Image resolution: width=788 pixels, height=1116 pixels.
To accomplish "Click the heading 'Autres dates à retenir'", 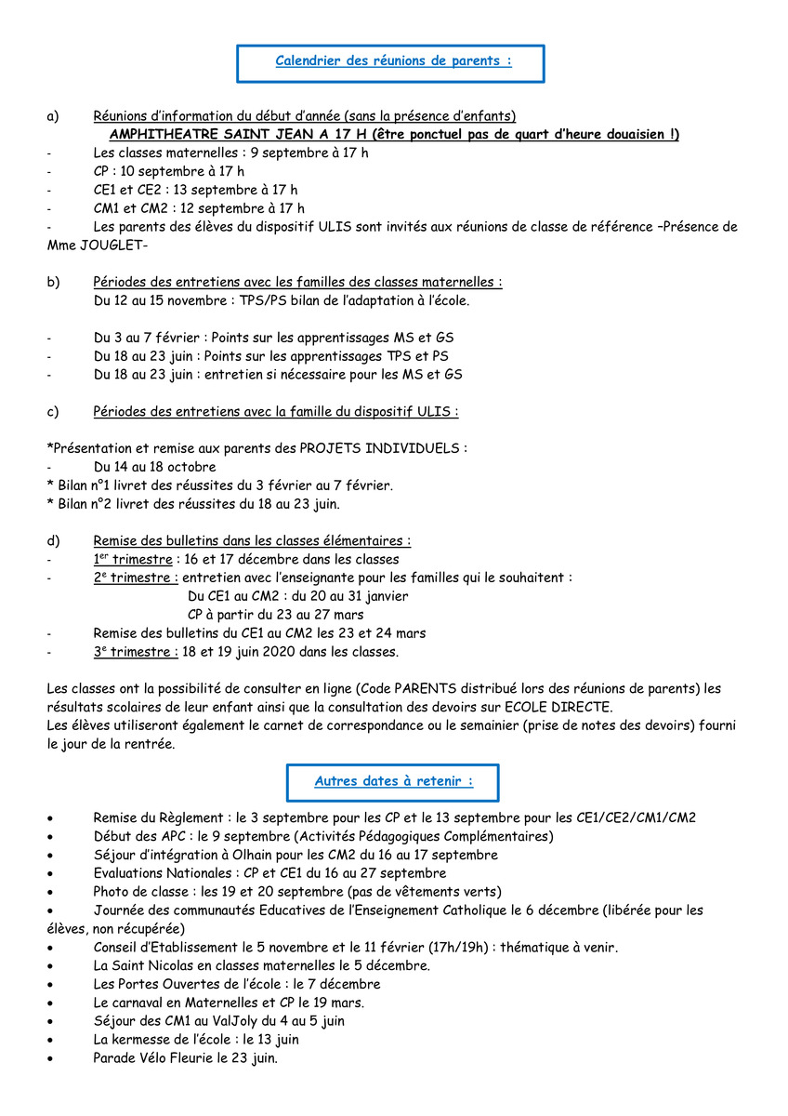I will [393, 782].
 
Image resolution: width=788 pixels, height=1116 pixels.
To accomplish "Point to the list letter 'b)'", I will [53, 282].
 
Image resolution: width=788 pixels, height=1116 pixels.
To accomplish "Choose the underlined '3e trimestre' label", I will [136, 652].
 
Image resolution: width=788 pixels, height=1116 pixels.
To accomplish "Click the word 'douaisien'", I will [628, 135].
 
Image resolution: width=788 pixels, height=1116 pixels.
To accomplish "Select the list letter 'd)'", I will [53, 540].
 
